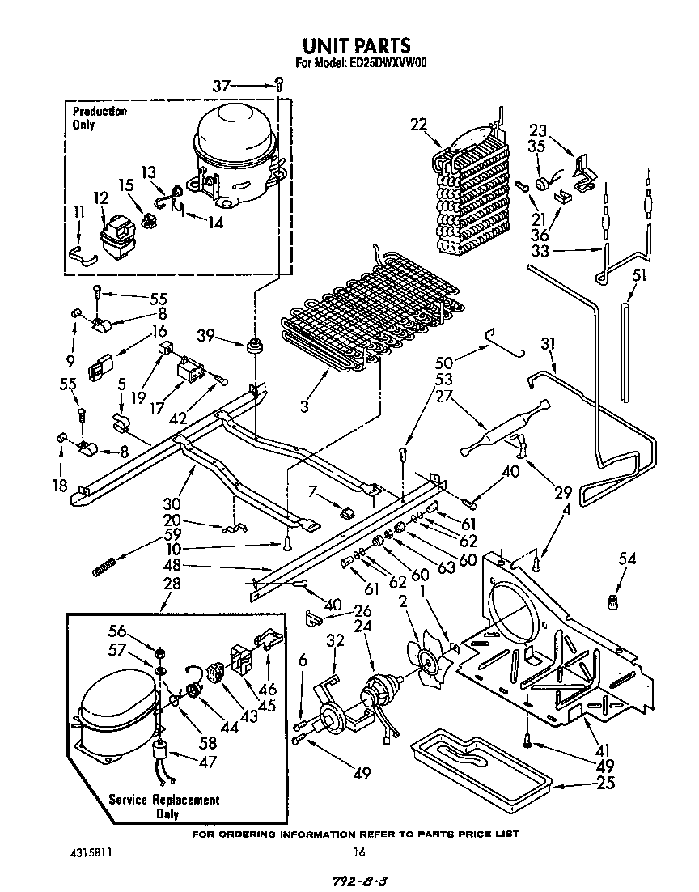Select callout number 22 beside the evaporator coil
(x=417, y=124)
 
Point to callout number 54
(x=627, y=559)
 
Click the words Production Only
(x=99, y=118)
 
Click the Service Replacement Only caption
(x=164, y=806)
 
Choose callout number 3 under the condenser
(x=304, y=406)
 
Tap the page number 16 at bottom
(x=358, y=852)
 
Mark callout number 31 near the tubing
(x=549, y=344)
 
